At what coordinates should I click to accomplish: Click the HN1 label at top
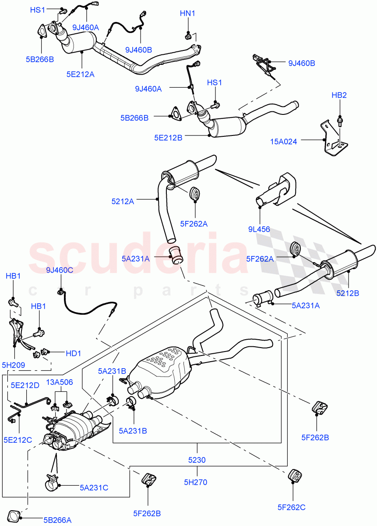[x=187, y=14]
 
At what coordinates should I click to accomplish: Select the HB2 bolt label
[x=339, y=95]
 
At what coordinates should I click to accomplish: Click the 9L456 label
[x=259, y=229]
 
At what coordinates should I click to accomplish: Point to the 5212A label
[x=123, y=202]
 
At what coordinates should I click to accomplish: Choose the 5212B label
[x=348, y=293]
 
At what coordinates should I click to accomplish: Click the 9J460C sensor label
[x=60, y=270]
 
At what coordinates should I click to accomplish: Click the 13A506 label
[x=60, y=382]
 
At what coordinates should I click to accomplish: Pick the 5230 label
[x=197, y=461]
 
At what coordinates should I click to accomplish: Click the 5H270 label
[x=196, y=483]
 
